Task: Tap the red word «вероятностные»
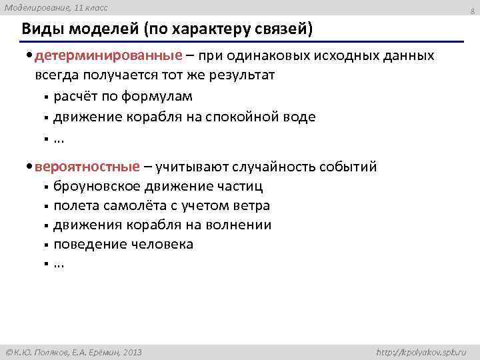(x=89, y=166)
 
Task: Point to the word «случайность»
(x=282, y=166)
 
